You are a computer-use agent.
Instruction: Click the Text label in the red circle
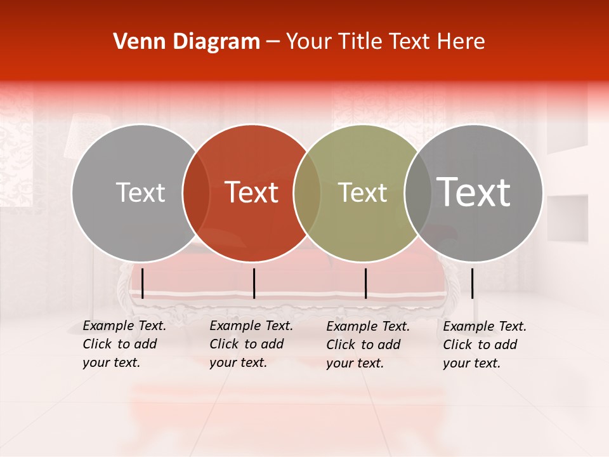click(x=252, y=192)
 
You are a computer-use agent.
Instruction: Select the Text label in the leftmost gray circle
click(x=140, y=192)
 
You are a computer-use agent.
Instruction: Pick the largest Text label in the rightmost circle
click(x=474, y=192)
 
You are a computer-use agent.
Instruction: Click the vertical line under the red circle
click(x=254, y=283)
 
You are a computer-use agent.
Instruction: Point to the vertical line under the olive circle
click(x=365, y=283)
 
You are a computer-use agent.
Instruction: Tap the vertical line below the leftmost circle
click(x=142, y=283)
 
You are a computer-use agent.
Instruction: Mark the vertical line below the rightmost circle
click(x=472, y=283)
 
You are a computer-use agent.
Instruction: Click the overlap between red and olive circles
click(x=307, y=193)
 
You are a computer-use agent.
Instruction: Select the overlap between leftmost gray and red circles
click(x=196, y=193)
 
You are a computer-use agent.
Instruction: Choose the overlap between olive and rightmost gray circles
click(x=417, y=193)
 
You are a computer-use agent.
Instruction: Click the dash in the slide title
click(x=273, y=42)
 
